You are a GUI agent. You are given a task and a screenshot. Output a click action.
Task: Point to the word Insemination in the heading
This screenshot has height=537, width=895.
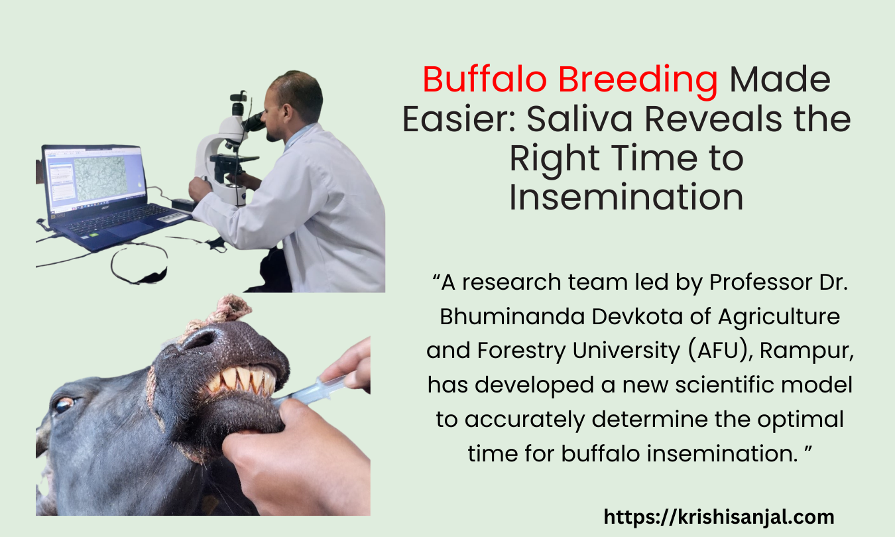pos(626,198)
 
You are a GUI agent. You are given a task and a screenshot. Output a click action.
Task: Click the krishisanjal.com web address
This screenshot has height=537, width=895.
pos(719,516)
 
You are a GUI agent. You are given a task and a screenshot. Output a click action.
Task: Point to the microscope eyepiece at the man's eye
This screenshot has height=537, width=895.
pos(254,121)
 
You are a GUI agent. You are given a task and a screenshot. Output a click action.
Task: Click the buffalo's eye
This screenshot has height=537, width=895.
pos(64,404)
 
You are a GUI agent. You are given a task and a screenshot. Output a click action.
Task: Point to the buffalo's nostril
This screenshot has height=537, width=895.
pos(200,339)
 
